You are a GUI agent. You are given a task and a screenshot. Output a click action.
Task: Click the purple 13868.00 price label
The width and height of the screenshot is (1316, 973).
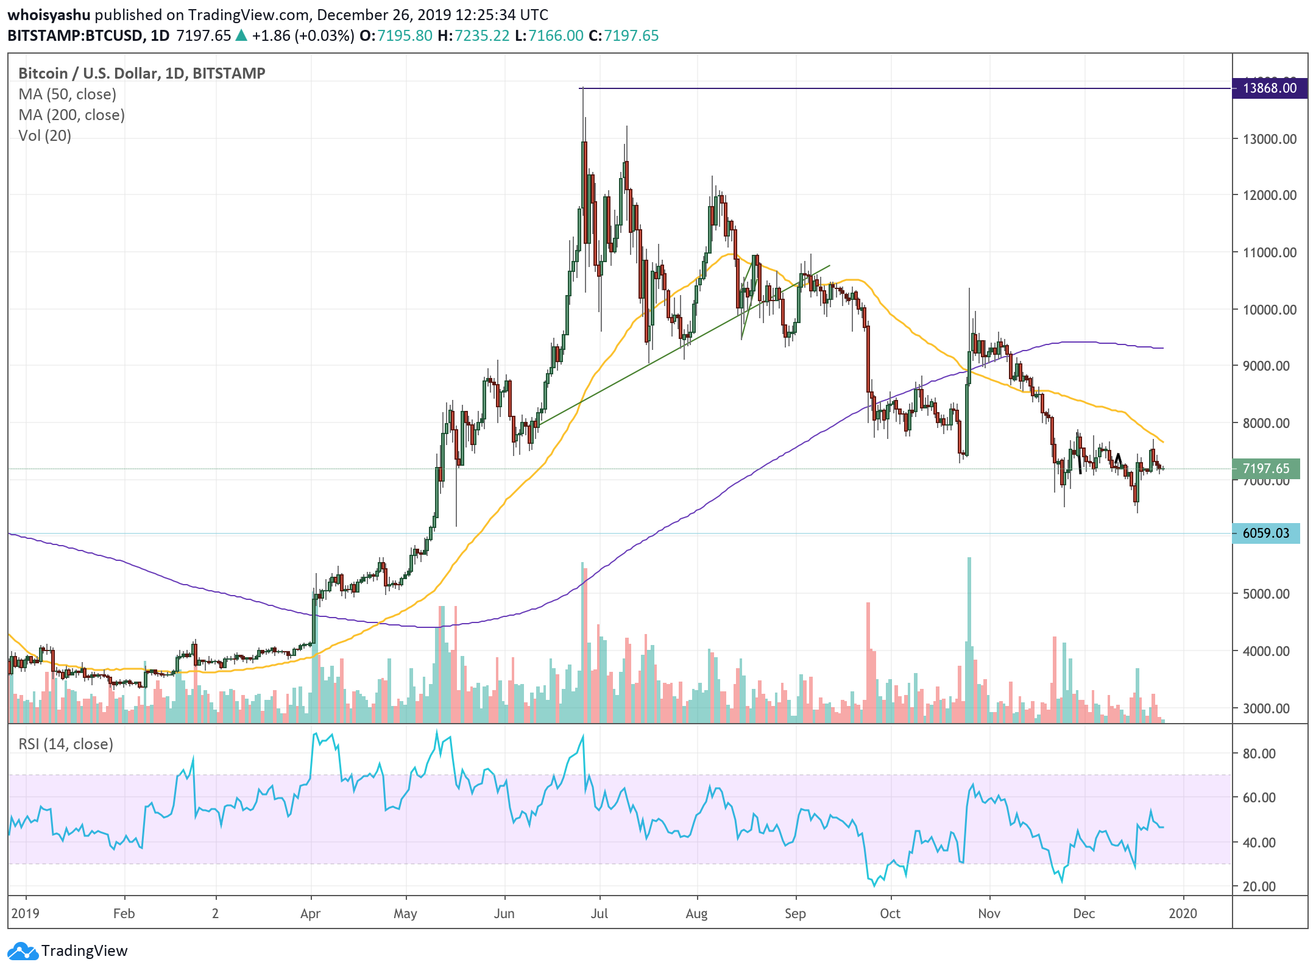[x=1270, y=88]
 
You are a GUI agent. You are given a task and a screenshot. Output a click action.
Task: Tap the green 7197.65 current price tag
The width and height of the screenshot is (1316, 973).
[x=1266, y=468]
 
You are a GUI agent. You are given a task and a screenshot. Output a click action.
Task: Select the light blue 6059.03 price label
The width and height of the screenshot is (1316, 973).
[x=1266, y=533]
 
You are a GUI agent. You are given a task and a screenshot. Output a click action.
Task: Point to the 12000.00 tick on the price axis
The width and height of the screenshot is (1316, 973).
[x=1270, y=196]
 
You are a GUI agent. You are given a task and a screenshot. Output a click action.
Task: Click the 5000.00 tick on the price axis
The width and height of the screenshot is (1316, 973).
[x=1266, y=594]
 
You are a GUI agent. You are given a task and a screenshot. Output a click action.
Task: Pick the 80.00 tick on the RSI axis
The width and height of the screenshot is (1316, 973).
[x=1259, y=754]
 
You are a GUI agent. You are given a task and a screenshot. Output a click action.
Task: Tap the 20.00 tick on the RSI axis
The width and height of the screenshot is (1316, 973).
[x=1259, y=886]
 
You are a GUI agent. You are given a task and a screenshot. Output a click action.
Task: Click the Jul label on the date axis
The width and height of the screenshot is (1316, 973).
[x=600, y=914]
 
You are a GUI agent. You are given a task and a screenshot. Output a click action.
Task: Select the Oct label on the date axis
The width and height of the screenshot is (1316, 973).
[x=890, y=914]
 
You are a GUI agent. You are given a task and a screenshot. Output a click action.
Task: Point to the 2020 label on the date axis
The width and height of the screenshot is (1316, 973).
[x=1183, y=914]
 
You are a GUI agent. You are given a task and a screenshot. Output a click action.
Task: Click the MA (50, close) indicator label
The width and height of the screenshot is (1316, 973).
[x=67, y=94]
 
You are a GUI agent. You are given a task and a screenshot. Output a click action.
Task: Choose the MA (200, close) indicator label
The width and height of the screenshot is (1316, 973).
[x=71, y=115]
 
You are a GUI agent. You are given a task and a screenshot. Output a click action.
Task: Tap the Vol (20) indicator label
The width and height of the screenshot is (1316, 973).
[x=44, y=136]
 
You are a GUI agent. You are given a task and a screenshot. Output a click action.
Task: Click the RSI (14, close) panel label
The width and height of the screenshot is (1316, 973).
[x=66, y=744]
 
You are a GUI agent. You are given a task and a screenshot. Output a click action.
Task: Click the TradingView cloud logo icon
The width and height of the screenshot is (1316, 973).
[x=23, y=951]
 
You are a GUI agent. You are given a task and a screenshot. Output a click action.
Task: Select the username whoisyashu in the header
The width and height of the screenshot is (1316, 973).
[x=49, y=15]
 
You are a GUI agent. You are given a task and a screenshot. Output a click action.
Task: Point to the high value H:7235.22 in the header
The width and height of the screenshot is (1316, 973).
[x=473, y=36]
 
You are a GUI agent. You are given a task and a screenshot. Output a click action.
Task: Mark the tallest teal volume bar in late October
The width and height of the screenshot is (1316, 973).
[x=969, y=640]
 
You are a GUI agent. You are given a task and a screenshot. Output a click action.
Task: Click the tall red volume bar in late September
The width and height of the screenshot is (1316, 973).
[x=868, y=662]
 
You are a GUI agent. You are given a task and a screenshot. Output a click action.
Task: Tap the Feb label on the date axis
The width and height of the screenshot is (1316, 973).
[x=124, y=914]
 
